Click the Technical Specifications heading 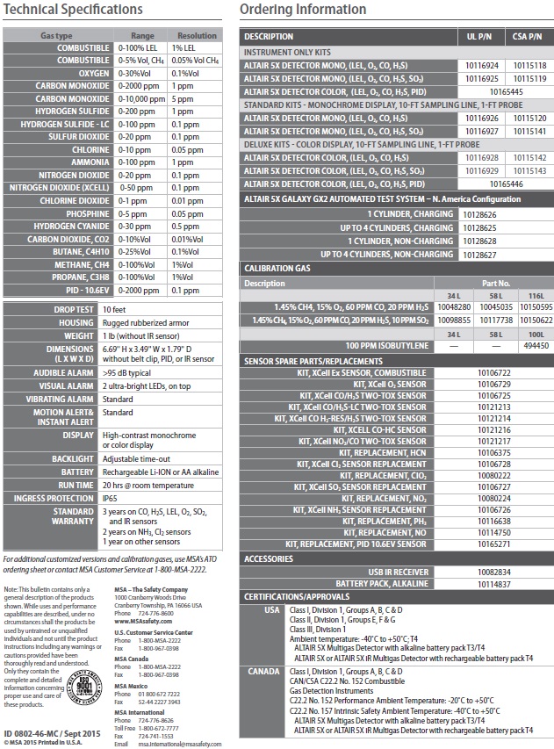point(73,10)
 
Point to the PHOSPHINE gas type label point(86,213)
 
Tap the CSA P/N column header point(527,36)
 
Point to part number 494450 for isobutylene point(535,345)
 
